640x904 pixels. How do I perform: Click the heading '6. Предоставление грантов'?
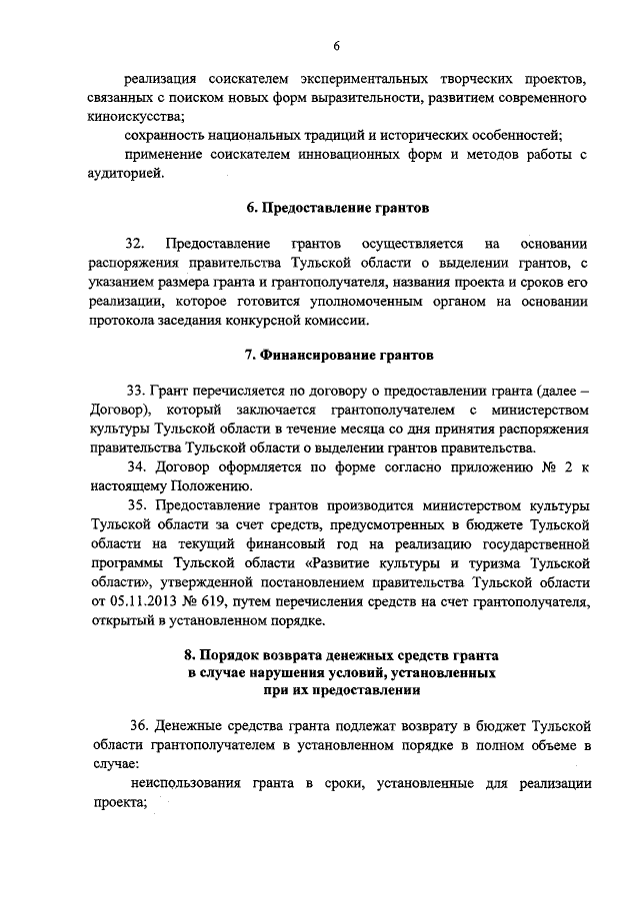click(x=337, y=209)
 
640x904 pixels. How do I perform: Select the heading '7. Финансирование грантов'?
click(x=337, y=355)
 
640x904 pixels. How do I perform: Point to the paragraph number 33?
click(x=136, y=391)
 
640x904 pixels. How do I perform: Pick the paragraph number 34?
click(x=136, y=467)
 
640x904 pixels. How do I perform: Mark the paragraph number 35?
click(x=136, y=505)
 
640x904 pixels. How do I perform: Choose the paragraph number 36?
click(x=140, y=725)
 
